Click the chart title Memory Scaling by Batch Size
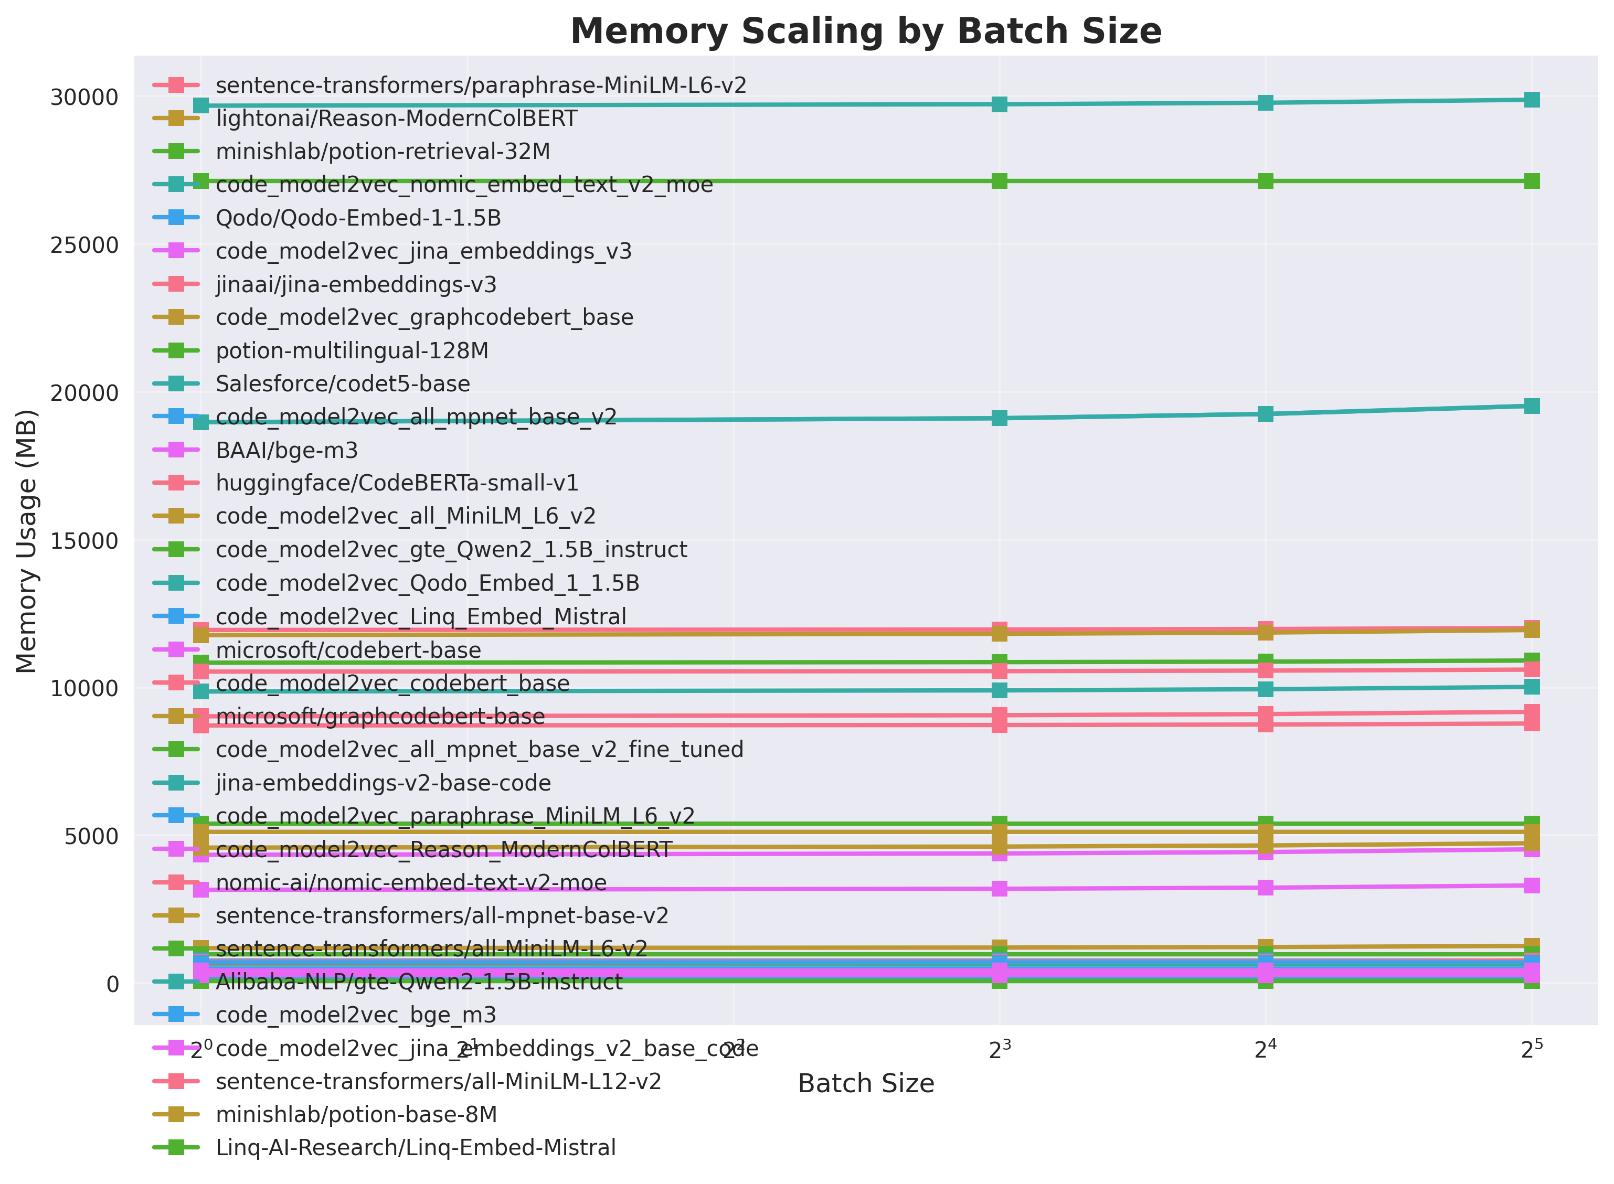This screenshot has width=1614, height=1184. click(865, 32)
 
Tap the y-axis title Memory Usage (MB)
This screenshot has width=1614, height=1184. click(27, 541)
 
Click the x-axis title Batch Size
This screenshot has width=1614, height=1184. click(865, 1083)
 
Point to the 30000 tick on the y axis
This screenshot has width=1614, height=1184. click(84, 98)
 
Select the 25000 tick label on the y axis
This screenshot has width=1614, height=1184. click(84, 245)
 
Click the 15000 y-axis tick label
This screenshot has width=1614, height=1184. click(84, 541)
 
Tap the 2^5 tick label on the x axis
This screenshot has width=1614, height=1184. click(1531, 1049)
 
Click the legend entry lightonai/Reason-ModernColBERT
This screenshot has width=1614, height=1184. click(396, 118)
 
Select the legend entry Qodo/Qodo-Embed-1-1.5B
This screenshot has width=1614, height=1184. click(358, 218)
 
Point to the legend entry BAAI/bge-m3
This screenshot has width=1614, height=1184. click(286, 450)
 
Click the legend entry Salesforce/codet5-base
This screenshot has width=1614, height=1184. click(343, 383)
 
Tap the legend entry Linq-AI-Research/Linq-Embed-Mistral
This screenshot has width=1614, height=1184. click(416, 1147)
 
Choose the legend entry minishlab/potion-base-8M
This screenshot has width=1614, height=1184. click(356, 1114)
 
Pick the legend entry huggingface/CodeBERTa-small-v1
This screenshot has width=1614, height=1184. click(397, 483)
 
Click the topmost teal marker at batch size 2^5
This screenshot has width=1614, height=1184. click(1531, 100)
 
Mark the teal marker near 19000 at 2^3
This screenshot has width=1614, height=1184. click(999, 418)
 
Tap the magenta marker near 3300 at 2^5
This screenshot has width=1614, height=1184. click(1531, 885)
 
